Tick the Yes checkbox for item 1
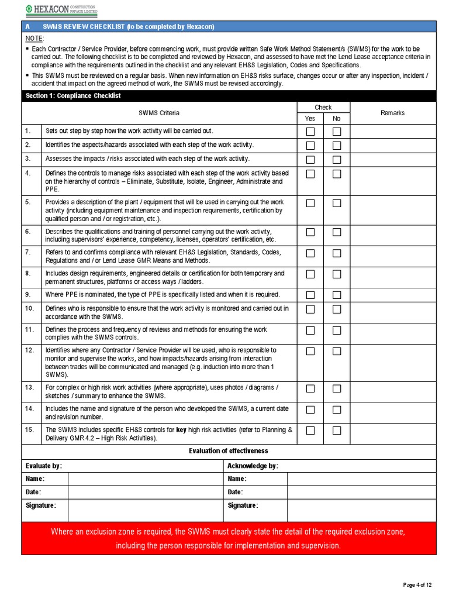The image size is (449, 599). point(310,132)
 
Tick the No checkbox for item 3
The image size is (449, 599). point(337,160)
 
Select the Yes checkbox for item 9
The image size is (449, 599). point(310,295)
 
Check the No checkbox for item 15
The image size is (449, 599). point(337,431)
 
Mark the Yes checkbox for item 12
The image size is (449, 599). point(310,352)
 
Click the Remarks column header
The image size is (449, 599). point(392,113)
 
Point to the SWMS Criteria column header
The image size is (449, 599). point(159,113)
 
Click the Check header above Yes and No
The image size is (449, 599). point(323,108)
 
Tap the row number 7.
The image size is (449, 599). point(28,252)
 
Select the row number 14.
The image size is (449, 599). point(29,408)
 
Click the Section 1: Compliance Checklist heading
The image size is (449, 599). point(73,96)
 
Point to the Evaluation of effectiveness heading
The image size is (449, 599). point(228,450)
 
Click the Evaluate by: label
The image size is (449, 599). point(44,466)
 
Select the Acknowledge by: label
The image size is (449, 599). point(253,466)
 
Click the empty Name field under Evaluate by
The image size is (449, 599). point(145,479)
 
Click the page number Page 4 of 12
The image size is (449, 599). point(417,585)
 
